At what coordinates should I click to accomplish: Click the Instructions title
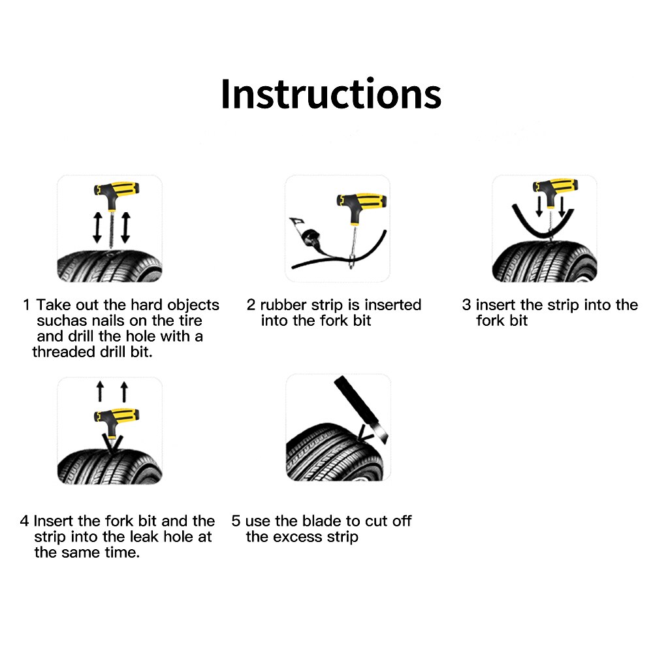[330, 93]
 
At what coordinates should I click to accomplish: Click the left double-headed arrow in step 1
[97, 228]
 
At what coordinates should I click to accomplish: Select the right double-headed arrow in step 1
[125, 228]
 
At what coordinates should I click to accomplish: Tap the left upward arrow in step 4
[100, 392]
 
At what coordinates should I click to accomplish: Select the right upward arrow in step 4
[123, 392]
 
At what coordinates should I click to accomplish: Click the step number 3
[466, 305]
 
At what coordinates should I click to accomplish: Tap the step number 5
[236, 521]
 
